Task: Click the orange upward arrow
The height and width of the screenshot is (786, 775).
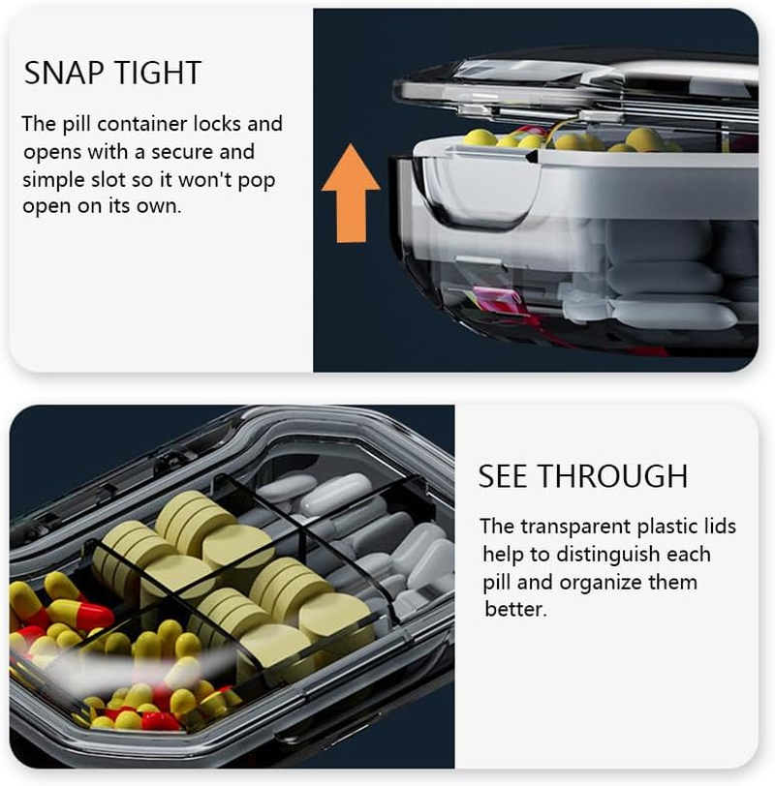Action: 351,193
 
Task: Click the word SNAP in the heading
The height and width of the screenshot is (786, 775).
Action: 57,73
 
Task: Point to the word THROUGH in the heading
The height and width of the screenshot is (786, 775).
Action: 613,475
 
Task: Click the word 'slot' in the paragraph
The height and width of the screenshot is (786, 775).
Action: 108,179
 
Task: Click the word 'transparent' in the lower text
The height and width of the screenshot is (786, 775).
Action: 575,528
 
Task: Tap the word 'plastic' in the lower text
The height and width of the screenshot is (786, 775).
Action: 666,528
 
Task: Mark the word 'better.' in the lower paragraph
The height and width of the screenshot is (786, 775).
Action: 515,610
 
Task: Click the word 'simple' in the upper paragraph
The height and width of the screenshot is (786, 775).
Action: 52,180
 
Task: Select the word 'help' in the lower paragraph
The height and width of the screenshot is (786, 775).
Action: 503,556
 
